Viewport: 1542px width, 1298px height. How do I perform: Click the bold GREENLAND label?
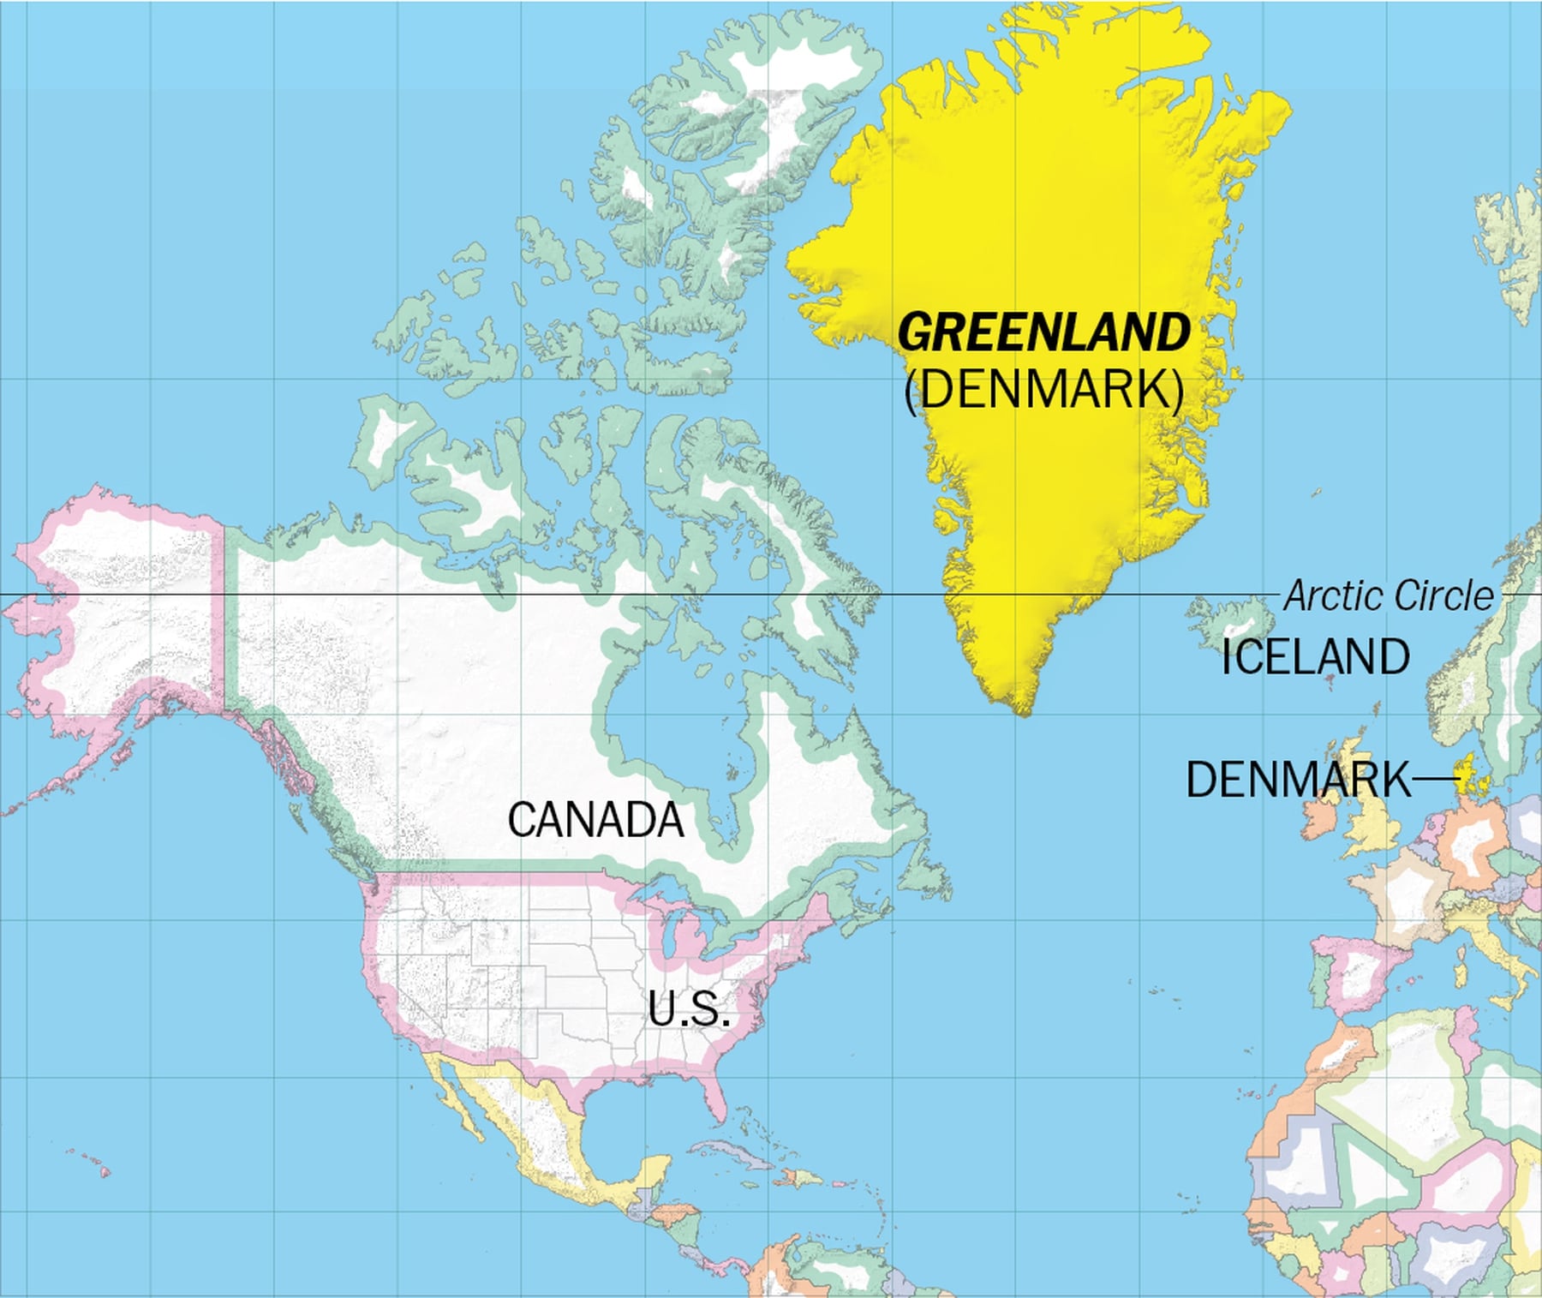pos(1043,332)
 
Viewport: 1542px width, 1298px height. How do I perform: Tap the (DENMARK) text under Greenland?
pos(1044,390)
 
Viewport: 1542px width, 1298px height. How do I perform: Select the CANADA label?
pos(595,820)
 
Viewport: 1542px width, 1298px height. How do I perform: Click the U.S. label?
pos(689,1008)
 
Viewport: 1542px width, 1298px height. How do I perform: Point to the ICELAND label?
pos(1315,657)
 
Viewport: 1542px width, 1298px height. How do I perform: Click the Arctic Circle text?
pos(1388,596)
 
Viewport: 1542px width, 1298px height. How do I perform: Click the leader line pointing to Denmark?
pos(1435,779)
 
